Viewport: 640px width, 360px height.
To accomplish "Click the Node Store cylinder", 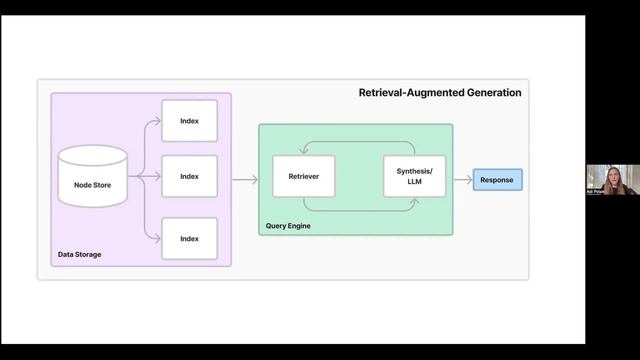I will point(92,177).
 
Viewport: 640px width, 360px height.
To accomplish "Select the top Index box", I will point(189,121).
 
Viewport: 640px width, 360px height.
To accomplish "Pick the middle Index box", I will point(189,177).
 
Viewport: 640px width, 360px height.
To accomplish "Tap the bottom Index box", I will point(189,239).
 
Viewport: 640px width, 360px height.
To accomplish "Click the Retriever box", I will point(303,177).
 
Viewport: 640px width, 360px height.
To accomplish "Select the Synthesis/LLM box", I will point(414,177).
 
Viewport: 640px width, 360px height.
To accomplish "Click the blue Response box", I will point(497,180).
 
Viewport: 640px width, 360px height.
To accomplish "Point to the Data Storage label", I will point(79,255).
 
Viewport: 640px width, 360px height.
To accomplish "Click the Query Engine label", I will point(288,225).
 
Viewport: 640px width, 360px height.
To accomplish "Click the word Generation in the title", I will point(489,93).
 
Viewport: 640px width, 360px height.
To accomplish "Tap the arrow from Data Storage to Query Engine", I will point(244,180).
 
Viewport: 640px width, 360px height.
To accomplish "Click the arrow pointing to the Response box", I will point(462,180).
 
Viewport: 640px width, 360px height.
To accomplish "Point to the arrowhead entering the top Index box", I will point(158,121).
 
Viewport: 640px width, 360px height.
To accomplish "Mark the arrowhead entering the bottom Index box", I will point(158,239).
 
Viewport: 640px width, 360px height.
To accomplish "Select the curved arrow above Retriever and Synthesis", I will point(358,143).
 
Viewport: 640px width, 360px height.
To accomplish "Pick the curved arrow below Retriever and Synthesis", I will point(358,211).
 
